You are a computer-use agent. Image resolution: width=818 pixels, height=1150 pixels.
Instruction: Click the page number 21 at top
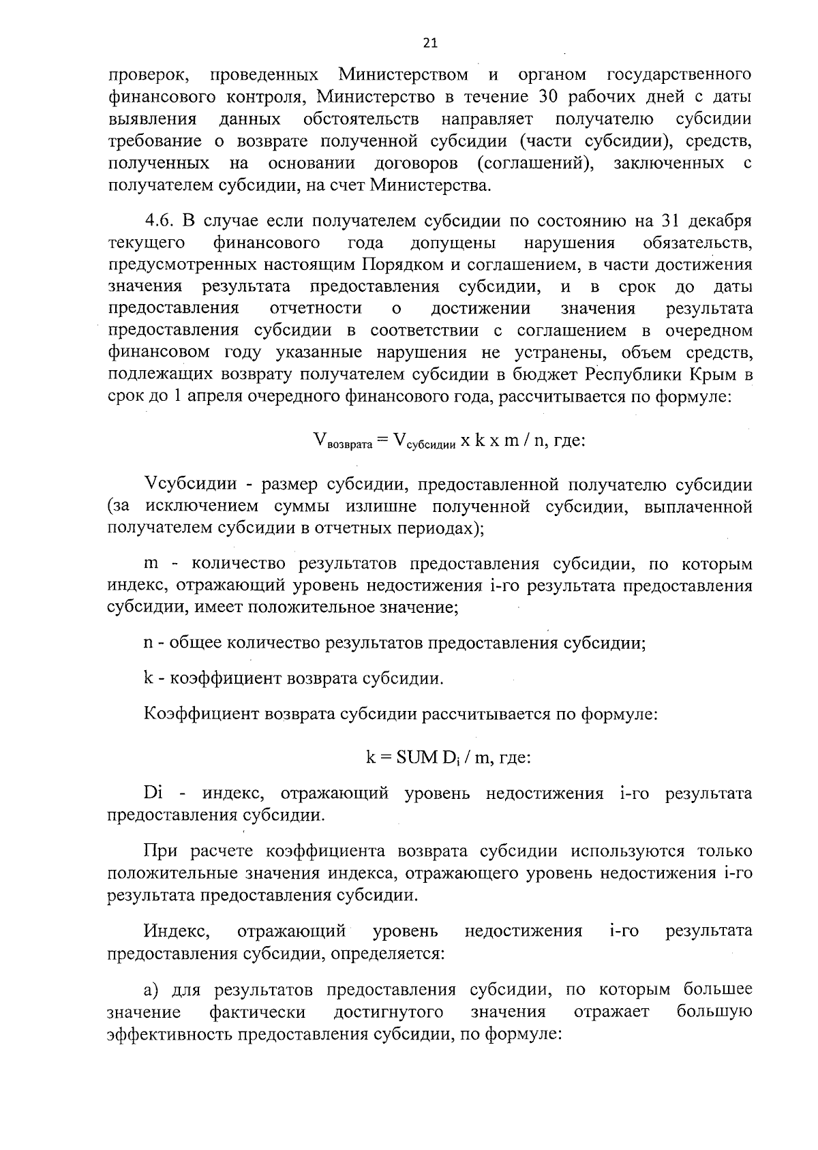click(430, 44)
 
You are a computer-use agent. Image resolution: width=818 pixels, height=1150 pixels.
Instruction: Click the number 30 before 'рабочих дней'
click(549, 96)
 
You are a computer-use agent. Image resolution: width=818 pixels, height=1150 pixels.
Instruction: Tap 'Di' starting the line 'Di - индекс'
click(151, 793)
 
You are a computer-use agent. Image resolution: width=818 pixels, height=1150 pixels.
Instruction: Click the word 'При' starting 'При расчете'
click(162, 851)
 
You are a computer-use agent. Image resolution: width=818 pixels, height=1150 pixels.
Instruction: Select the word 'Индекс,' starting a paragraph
click(177, 930)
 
